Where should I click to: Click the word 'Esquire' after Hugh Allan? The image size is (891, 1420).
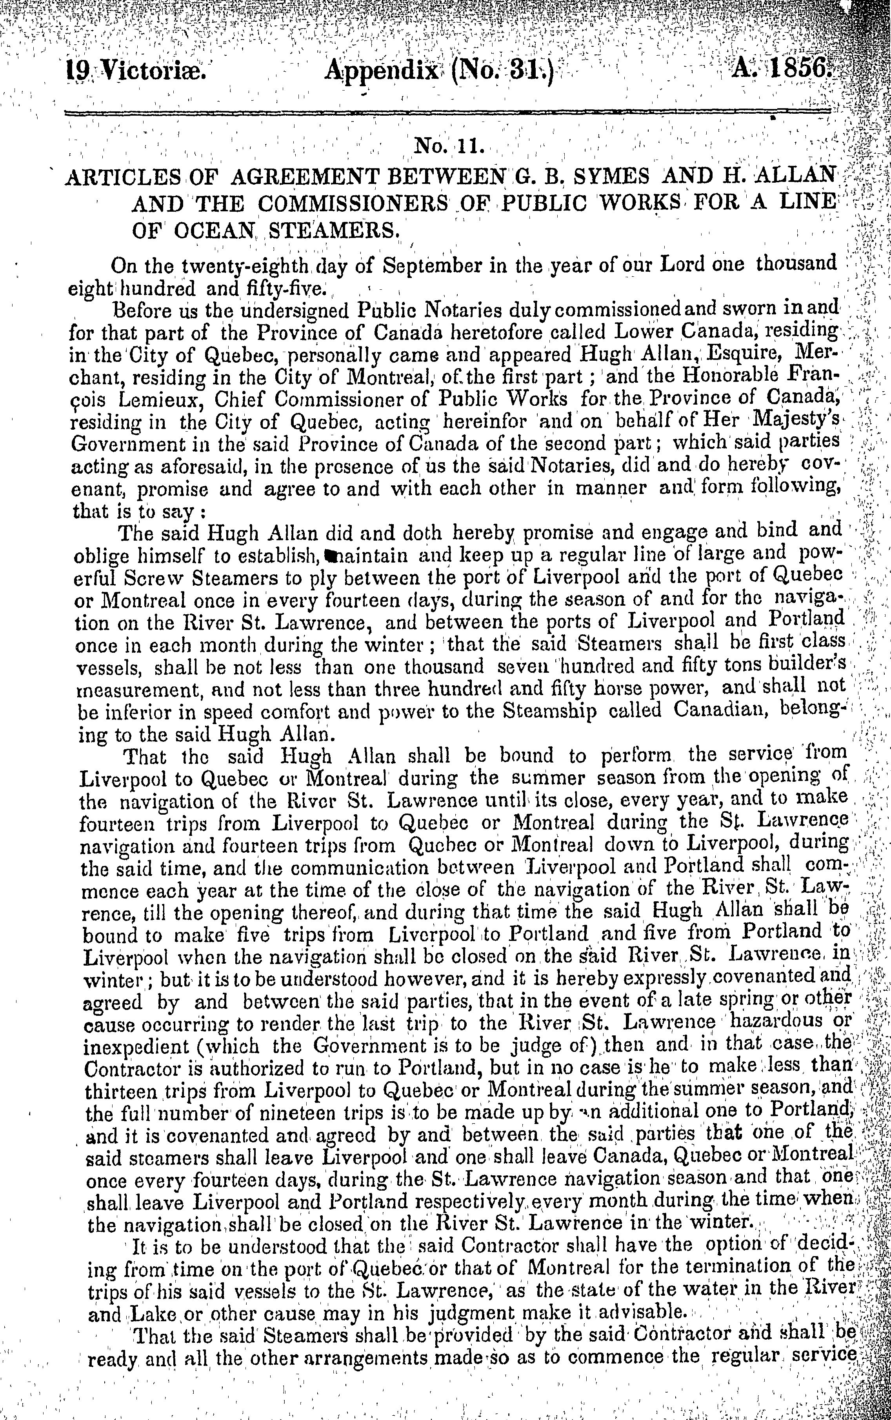738,355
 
